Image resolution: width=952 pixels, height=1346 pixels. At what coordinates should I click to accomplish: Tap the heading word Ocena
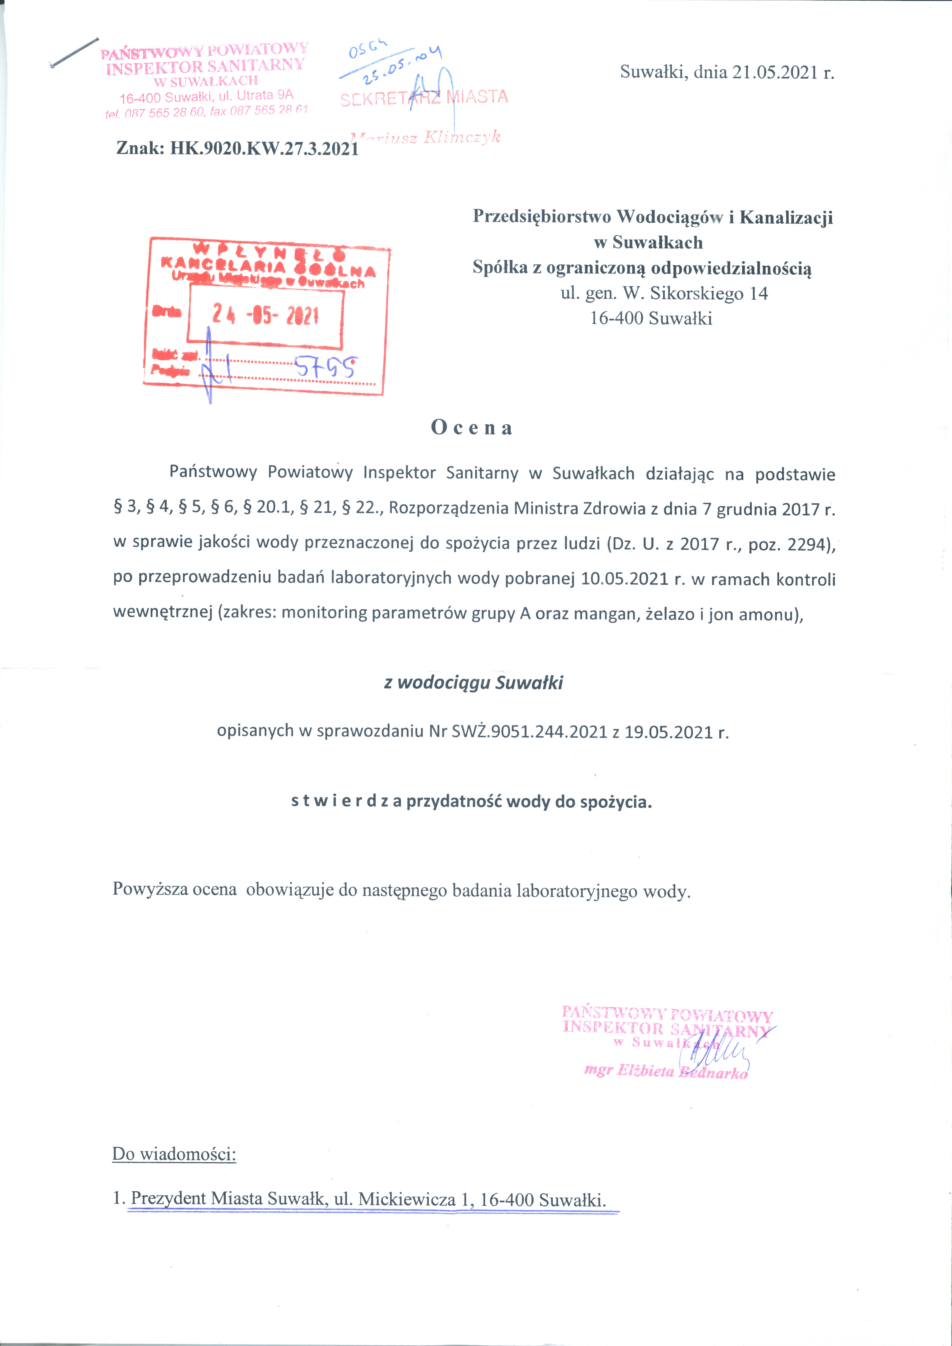(472, 428)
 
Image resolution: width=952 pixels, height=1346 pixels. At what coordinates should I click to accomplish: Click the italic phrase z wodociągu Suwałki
(473, 683)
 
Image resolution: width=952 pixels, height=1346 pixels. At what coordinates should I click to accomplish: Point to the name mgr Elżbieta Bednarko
(666, 1071)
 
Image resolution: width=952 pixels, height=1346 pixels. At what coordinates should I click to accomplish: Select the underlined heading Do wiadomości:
(174, 1154)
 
